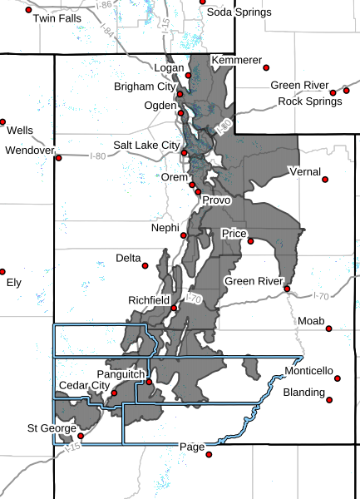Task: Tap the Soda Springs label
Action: point(238,12)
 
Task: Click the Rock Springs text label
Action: point(309,101)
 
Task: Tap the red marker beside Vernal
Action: point(324,178)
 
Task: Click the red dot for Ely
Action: point(2,271)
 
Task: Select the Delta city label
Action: point(128,259)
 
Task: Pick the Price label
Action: point(233,235)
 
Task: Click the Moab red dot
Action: point(329,329)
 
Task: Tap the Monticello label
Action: point(308,369)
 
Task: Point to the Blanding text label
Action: point(303,391)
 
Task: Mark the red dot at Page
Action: point(210,454)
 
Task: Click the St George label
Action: point(45,428)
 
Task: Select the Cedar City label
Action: point(84,386)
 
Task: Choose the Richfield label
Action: point(149,299)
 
